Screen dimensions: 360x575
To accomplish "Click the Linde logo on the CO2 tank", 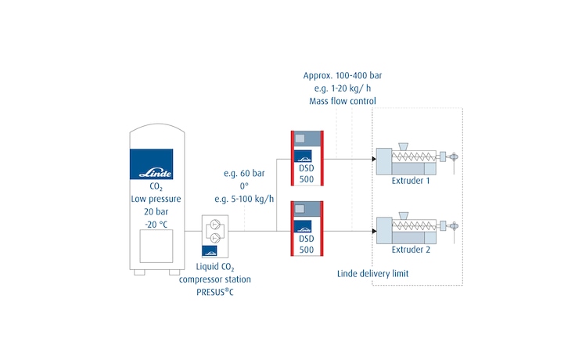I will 157,164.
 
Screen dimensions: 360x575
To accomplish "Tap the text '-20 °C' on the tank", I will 157,225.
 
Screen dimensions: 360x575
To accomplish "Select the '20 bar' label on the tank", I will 157,212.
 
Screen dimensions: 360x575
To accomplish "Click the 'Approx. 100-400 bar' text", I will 342,75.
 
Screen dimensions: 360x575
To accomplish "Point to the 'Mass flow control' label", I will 342,101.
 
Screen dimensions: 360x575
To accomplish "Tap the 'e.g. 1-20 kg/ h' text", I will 342,88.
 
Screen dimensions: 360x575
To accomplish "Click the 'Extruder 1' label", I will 411,182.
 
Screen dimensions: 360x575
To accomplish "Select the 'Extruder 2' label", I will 411,251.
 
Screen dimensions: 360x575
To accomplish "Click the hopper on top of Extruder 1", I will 404,146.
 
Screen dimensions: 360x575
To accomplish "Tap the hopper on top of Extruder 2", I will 404,215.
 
